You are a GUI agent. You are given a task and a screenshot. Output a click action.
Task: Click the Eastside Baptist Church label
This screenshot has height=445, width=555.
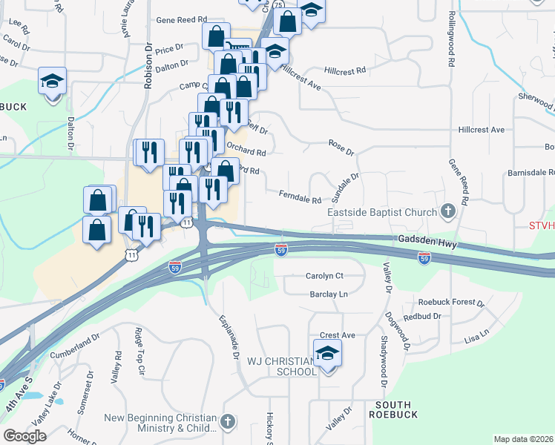[383, 213]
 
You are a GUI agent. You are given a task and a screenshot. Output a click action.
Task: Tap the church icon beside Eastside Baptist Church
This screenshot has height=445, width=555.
[447, 212]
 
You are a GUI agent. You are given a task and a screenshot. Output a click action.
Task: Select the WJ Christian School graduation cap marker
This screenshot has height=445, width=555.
[326, 354]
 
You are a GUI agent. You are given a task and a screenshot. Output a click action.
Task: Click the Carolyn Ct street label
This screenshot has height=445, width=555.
[324, 276]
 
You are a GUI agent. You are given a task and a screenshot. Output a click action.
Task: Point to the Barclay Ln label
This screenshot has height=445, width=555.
[329, 294]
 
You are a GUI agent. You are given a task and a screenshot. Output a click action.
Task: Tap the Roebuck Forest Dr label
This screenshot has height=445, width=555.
[451, 303]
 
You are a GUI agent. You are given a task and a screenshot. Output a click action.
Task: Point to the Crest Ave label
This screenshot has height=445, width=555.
[338, 335]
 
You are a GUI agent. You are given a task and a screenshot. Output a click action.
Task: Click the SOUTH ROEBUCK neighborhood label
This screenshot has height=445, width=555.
[396, 409]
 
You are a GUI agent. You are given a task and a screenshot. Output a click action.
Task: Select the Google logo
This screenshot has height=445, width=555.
[25, 436]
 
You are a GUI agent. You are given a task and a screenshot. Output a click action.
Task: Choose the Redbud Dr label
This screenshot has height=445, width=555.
[423, 317]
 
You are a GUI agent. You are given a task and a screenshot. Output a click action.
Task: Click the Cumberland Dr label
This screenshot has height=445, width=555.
[74, 346]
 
